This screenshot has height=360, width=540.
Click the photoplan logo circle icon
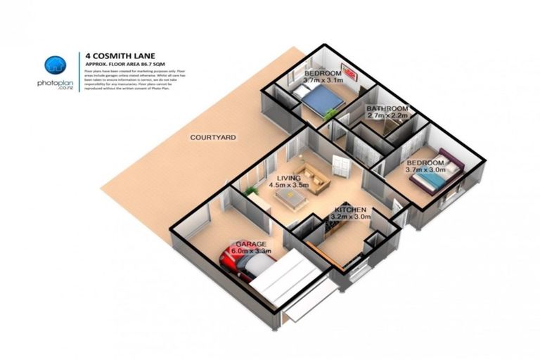[x=53, y=65]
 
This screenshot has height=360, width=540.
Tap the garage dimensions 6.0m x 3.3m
[x=251, y=250]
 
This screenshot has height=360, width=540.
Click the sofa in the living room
[x=312, y=176]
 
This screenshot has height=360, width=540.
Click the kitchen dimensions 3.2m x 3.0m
[x=350, y=217]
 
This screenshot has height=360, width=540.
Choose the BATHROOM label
[x=387, y=108]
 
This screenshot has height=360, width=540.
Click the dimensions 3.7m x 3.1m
[x=318, y=81]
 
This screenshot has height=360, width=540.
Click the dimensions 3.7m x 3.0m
[x=427, y=169]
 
